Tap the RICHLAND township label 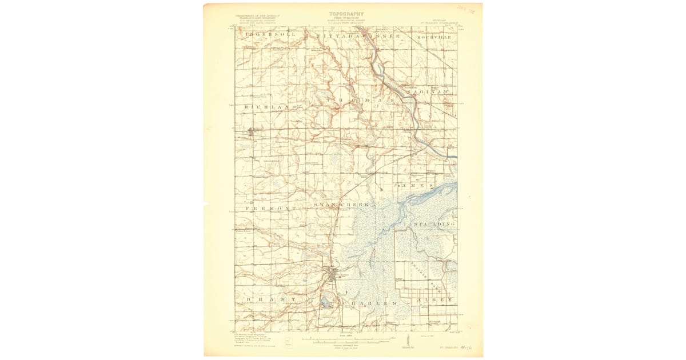coord(271,107)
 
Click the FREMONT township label coord(271,209)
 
